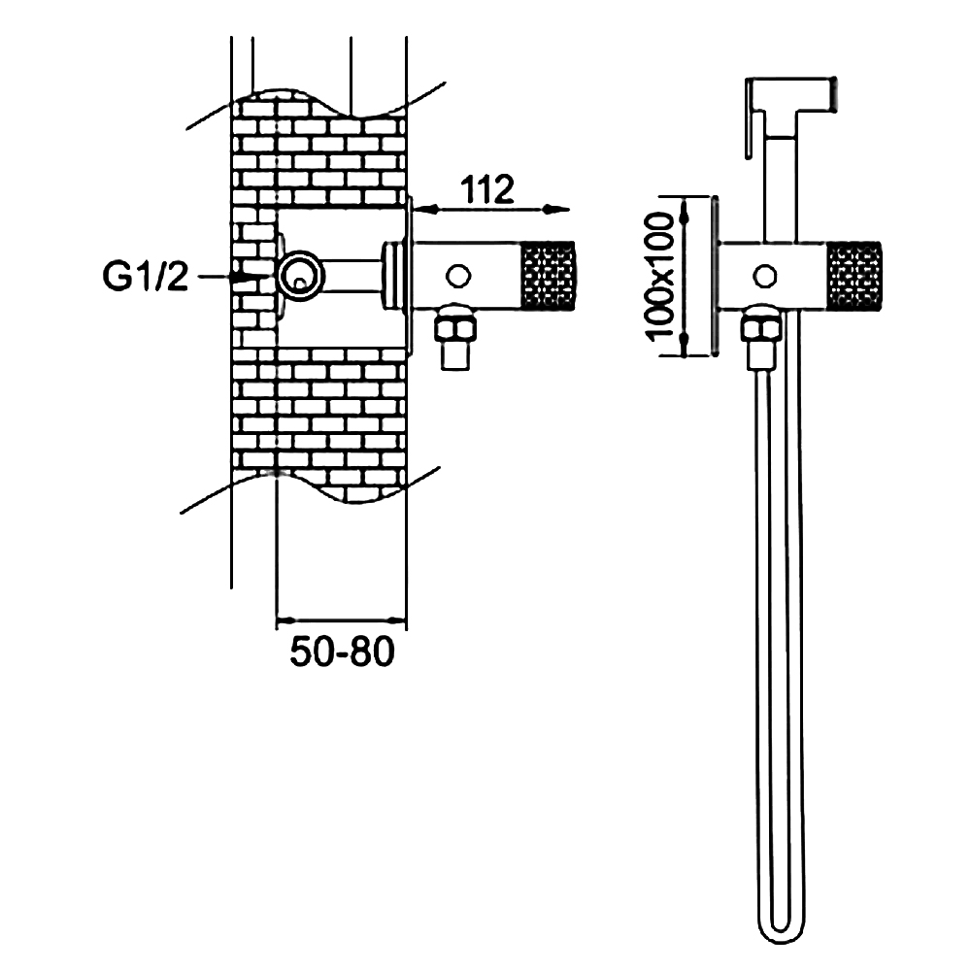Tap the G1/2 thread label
click(x=146, y=278)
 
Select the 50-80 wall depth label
click(x=343, y=652)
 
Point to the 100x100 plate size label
click(x=663, y=277)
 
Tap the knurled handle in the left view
click(x=549, y=276)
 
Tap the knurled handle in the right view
click(x=854, y=276)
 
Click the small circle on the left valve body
click(x=456, y=276)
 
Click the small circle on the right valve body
click(x=765, y=276)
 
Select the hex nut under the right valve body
click(x=762, y=325)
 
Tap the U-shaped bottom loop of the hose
click(x=781, y=927)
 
